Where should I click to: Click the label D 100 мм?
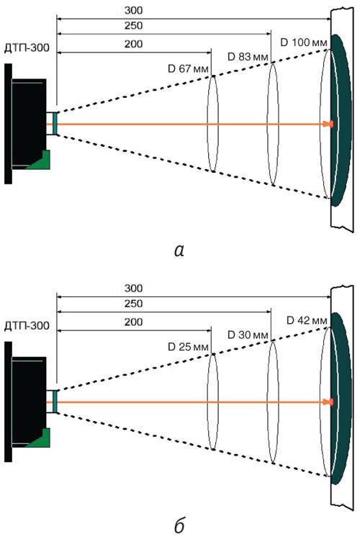[304, 42]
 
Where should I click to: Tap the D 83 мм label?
[248, 57]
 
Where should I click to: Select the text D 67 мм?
[188, 69]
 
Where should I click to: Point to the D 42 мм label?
[307, 320]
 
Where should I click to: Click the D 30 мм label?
[248, 335]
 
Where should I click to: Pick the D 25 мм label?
[188, 347]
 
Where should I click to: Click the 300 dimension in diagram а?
[133, 11]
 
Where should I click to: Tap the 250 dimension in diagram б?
[133, 304]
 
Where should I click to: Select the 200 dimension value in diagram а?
[133, 44]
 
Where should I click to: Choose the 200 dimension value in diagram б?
[133, 322]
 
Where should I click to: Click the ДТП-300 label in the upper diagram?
[27, 47]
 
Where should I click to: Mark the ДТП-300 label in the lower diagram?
[27, 325]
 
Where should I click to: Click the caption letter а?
[179, 250]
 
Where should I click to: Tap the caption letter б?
[179, 525]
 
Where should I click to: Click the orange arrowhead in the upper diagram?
[328, 124]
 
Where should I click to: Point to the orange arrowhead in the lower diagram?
[328, 402]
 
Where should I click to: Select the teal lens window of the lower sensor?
[55, 402]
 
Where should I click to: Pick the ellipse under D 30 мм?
[268, 402]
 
